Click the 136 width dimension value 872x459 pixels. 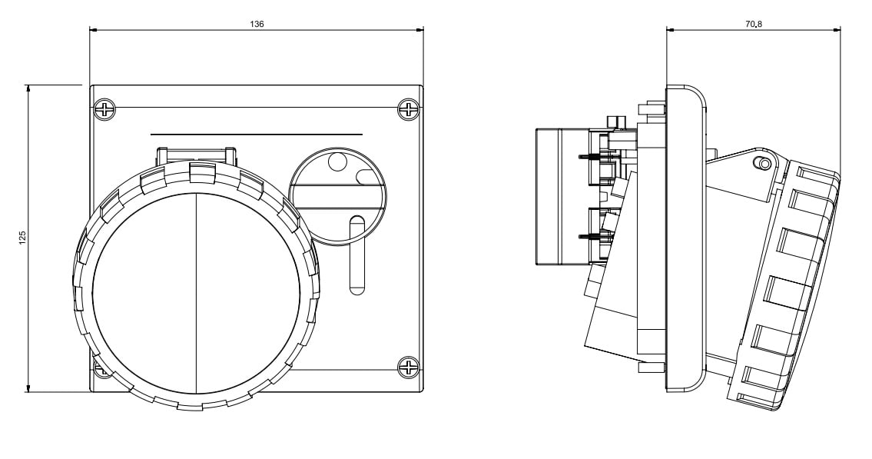pos(257,25)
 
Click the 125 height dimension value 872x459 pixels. pos(22,238)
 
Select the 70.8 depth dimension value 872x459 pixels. pos(753,25)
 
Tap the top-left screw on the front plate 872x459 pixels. pos(104,110)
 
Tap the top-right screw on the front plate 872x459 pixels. pos(408,110)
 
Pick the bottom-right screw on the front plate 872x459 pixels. pos(408,367)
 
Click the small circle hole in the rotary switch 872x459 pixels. pos(337,161)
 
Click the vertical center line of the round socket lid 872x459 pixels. pos(196,292)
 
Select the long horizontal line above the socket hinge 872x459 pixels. pos(256,135)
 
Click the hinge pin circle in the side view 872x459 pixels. pos(762,163)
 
